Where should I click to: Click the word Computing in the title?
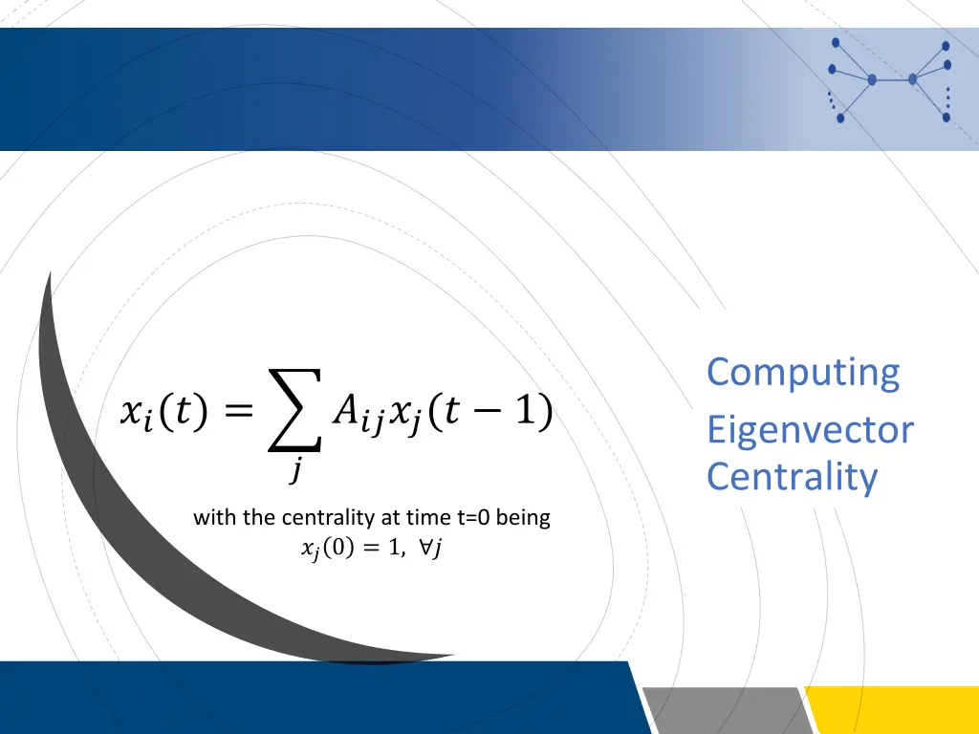coord(803,373)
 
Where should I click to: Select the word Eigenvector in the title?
coord(810,431)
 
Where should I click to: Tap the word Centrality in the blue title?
coord(792,476)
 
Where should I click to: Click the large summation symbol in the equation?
coord(293,412)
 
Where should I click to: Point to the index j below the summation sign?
coord(297,470)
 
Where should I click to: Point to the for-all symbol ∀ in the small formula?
coord(423,548)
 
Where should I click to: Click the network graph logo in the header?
coord(888,80)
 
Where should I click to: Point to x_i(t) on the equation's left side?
coord(158,413)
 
